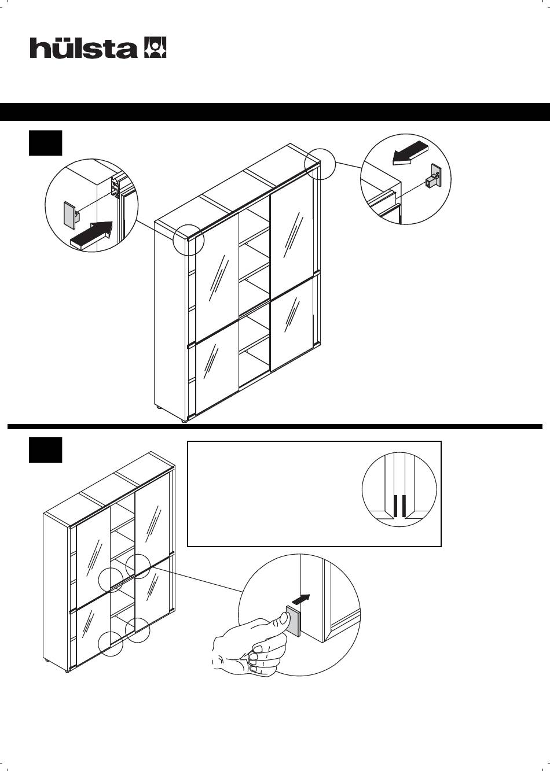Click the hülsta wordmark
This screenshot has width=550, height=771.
pyautogui.click(x=83, y=48)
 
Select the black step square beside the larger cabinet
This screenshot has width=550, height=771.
pyautogui.click(x=45, y=143)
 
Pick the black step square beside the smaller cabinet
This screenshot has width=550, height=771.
pyautogui.click(x=45, y=450)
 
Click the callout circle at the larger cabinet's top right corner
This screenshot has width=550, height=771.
pyautogui.click(x=320, y=163)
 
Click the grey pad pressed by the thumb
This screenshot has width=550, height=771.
pyautogui.click(x=293, y=621)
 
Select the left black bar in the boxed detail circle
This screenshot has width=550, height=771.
pyautogui.click(x=395, y=506)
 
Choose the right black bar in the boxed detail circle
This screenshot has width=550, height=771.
pyautogui.click(x=404, y=506)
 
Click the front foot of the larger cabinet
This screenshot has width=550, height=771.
pyautogui.click(x=185, y=420)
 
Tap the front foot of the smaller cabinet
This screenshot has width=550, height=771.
pyautogui.click(x=68, y=670)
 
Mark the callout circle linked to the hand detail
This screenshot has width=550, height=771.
pyautogui.click(x=138, y=566)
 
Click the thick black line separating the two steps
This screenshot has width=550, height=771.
pyautogui.click(x=275, y=427)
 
